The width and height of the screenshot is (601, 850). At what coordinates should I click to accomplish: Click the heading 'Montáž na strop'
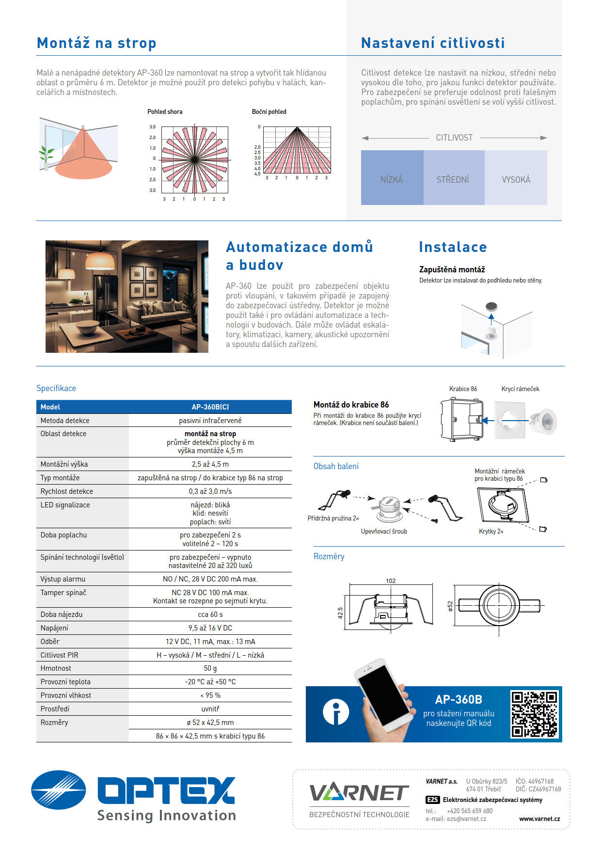click(x=96, y=43)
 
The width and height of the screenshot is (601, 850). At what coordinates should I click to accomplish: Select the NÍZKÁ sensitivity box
click(x=392, y=177)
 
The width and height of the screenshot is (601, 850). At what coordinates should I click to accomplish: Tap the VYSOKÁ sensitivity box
click(x=516, y=177)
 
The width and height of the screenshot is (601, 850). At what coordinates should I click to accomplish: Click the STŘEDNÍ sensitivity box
click(x=453, y=177)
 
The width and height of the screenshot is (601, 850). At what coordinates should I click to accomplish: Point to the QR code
click(x=534, y=714)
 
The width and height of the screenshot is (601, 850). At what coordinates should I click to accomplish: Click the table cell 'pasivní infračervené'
click(x=210, y=420)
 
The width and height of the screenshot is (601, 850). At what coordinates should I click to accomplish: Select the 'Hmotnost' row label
click(x=56, y=668)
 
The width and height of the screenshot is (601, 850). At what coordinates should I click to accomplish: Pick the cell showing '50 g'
click(x=210, y=668)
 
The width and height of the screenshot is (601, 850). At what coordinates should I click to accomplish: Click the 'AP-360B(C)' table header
click(x=210, y=407)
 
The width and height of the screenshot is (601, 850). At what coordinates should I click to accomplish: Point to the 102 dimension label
click(x=391, y=581)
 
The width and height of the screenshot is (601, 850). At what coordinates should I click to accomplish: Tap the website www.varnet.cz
click(x=539, y=819)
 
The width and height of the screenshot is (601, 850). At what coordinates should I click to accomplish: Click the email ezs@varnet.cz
click(x=466, y=819)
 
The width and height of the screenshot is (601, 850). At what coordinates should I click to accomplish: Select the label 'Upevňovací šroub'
click(x=384, y=532)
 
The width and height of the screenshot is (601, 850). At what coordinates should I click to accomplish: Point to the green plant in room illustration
click(x=47, y=155)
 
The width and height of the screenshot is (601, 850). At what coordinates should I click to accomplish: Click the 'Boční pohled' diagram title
click(x=269, y=111)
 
